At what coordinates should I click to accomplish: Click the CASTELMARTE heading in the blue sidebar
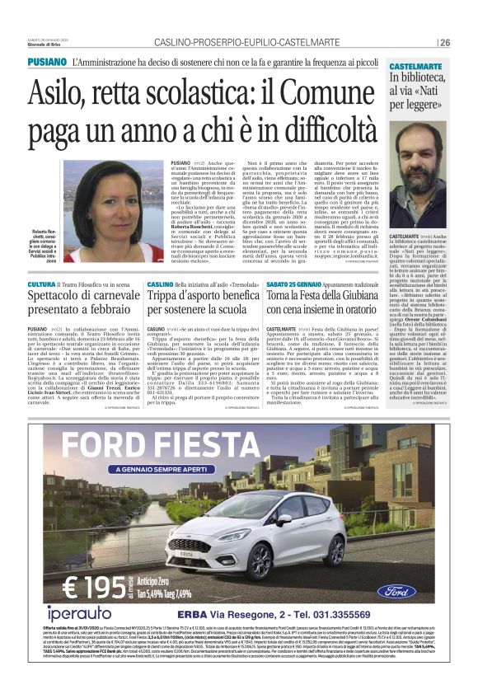click(418, 64)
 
